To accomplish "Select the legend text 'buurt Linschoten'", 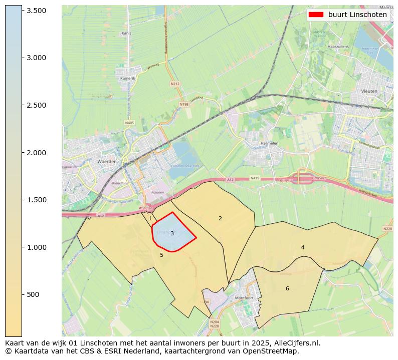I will click(357, 15).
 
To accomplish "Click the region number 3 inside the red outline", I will click(172, 233).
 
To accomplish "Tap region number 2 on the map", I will click(220, 218).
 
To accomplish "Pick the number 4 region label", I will click(303, 247).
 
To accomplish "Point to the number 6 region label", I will click(287, 288).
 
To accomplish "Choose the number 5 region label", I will click(161, 255).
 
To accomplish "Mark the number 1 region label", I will click(150, 218).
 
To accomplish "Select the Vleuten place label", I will click(369, 91).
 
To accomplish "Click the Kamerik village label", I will click(128, 79).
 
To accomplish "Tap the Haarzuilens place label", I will click(337, 46).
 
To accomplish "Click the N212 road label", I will click(175, 84).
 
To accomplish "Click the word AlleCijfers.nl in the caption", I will click(294, 343).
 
